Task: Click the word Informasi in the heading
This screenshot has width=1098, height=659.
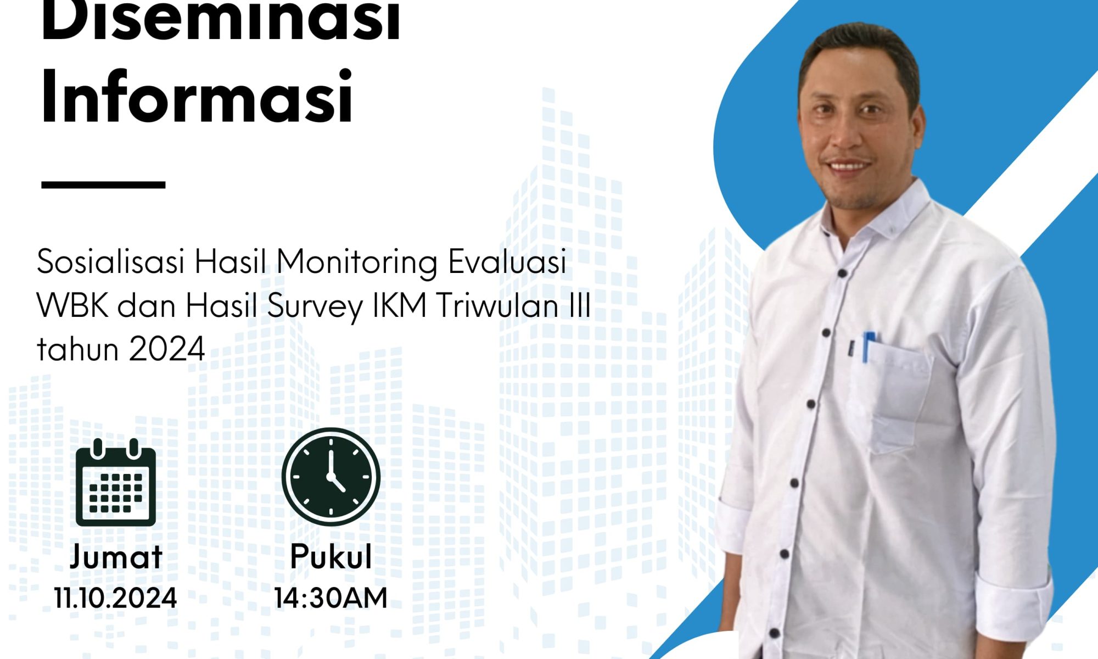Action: [197, 97]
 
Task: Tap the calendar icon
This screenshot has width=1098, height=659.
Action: [116, 482]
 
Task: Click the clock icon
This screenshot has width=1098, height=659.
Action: [331, 477]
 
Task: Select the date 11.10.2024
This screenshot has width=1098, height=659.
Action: [115, 598]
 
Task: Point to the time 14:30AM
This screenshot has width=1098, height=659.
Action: [331, 598]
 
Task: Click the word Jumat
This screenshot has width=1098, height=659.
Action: [116, 557]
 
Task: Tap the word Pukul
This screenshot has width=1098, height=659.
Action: [331, 556]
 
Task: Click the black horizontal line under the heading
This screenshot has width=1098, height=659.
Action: [103, 185]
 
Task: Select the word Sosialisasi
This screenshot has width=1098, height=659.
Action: [110, 261]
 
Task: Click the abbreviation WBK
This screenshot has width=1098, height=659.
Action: [73, 306]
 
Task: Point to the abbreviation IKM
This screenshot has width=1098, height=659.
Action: [400, 306]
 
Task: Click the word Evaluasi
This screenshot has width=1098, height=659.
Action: [507, 261]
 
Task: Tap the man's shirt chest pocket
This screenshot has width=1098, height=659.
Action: [898, 398]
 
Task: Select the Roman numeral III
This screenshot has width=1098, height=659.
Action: [580, 306]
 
